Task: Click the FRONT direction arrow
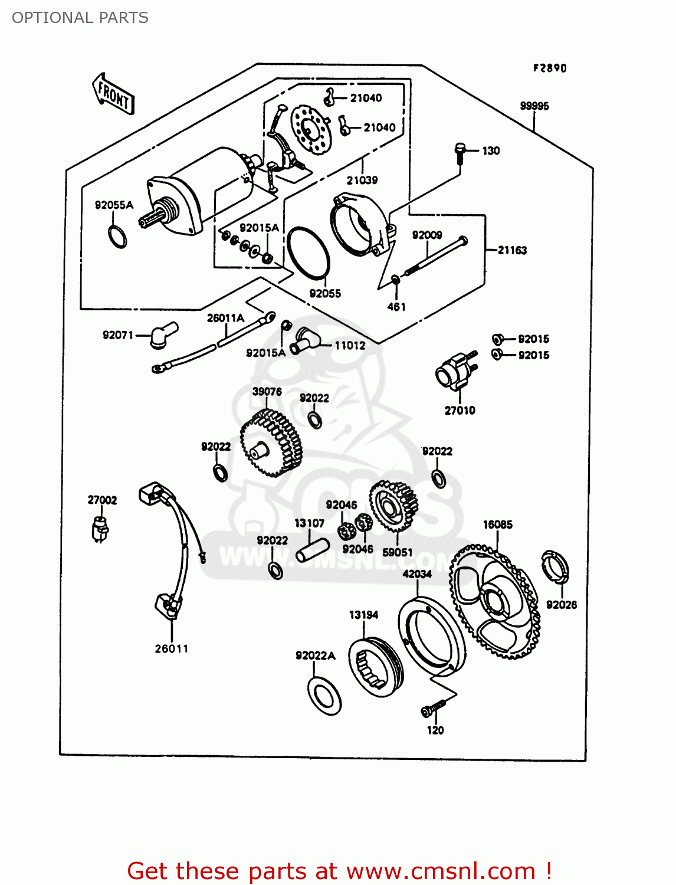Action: pos(113,94)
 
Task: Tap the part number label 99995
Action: pos(534,106)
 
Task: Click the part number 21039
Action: pos(362,180)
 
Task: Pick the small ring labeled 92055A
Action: pos(117,236)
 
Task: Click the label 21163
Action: pos(511,250)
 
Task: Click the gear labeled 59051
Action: pos(393,506)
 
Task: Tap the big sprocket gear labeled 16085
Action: pos(494,602)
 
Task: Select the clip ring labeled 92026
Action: pos(555,566)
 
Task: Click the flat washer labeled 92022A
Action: pos(324,696)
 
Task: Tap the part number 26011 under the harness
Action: pos(172,648)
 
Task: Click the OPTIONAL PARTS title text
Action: pos(80,18)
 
